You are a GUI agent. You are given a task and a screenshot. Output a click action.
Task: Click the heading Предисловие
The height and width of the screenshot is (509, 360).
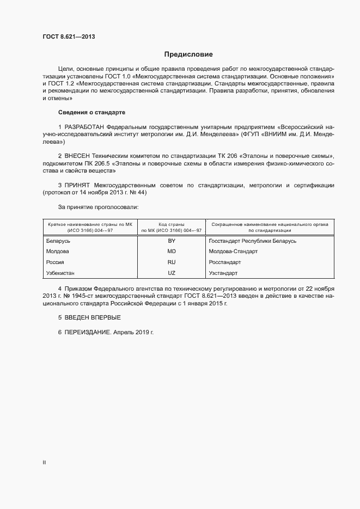click(x=188, y=54)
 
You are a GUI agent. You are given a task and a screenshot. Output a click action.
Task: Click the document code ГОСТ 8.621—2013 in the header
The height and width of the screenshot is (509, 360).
click(x=70, y=36)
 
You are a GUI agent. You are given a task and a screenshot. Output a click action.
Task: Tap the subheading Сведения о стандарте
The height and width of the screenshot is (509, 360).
click(x=91, y=112)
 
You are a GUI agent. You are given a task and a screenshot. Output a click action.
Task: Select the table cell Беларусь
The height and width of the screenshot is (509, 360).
click(x=59, y=241)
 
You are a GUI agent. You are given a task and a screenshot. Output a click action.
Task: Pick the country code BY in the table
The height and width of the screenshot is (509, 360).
click(x=172, y=241)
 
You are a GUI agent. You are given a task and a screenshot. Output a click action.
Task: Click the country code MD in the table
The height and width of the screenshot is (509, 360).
click(x=172, y=252)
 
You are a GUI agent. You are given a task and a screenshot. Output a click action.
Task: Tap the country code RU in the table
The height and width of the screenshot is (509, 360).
click(x=172, y=262)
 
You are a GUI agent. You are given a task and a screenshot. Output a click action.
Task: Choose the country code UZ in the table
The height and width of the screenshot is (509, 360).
click(x=172, y=273)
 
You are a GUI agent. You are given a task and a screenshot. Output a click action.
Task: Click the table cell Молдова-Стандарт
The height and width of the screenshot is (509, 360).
click(x=233, y=252)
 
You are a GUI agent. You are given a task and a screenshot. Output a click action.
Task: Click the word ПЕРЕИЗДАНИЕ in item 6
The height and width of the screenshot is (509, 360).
click(x=87, y=332)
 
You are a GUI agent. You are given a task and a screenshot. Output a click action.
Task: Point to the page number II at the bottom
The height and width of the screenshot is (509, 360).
click(x=44, y=463)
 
